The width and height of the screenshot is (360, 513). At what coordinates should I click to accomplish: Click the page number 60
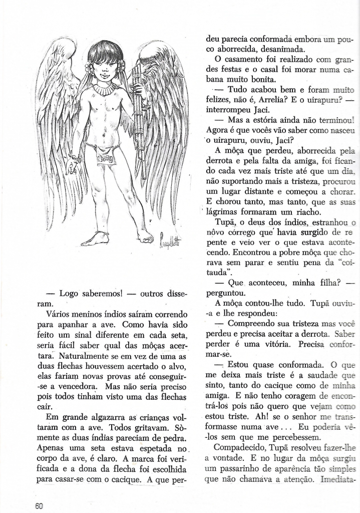pos(39,505)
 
